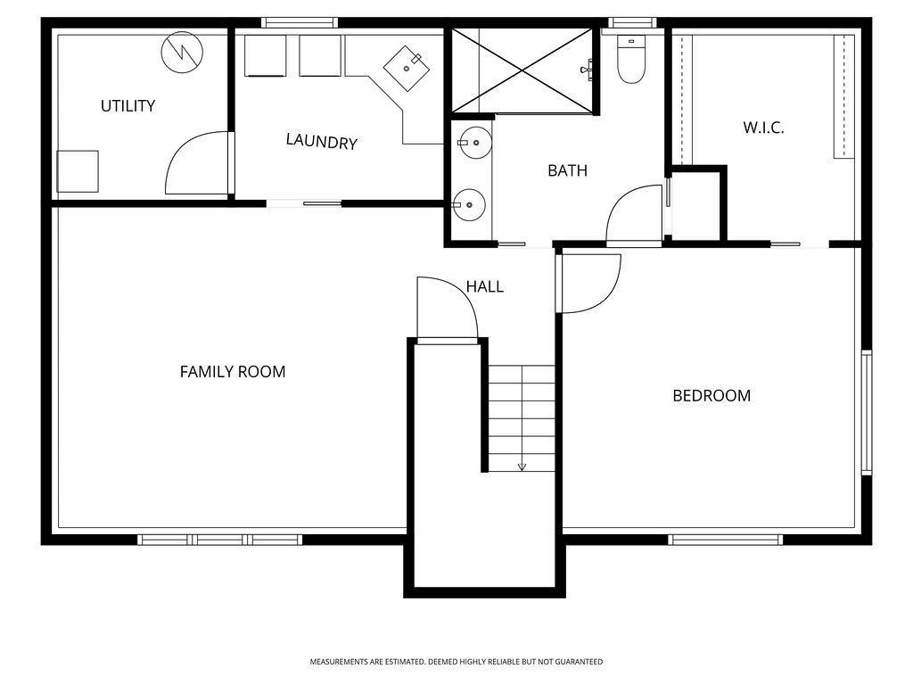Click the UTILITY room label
(128, 106)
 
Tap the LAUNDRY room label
(321, 142)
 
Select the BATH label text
(568, 170)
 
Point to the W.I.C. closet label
(763, 128)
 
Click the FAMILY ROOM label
(233, 372)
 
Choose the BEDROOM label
(711, 396)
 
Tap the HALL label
(484, 286)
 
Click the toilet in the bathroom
(631, 59)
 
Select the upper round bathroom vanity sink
(473, 142)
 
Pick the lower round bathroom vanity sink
(469, 204)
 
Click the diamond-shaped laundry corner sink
(407, 68)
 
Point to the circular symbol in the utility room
(182, 53)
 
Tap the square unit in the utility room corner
(78, 171)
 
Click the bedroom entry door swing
(588, 284)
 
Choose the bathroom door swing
(635, 215)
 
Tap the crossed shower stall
(522, 70)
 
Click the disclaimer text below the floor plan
(456, 662)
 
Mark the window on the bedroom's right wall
(867, 412)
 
